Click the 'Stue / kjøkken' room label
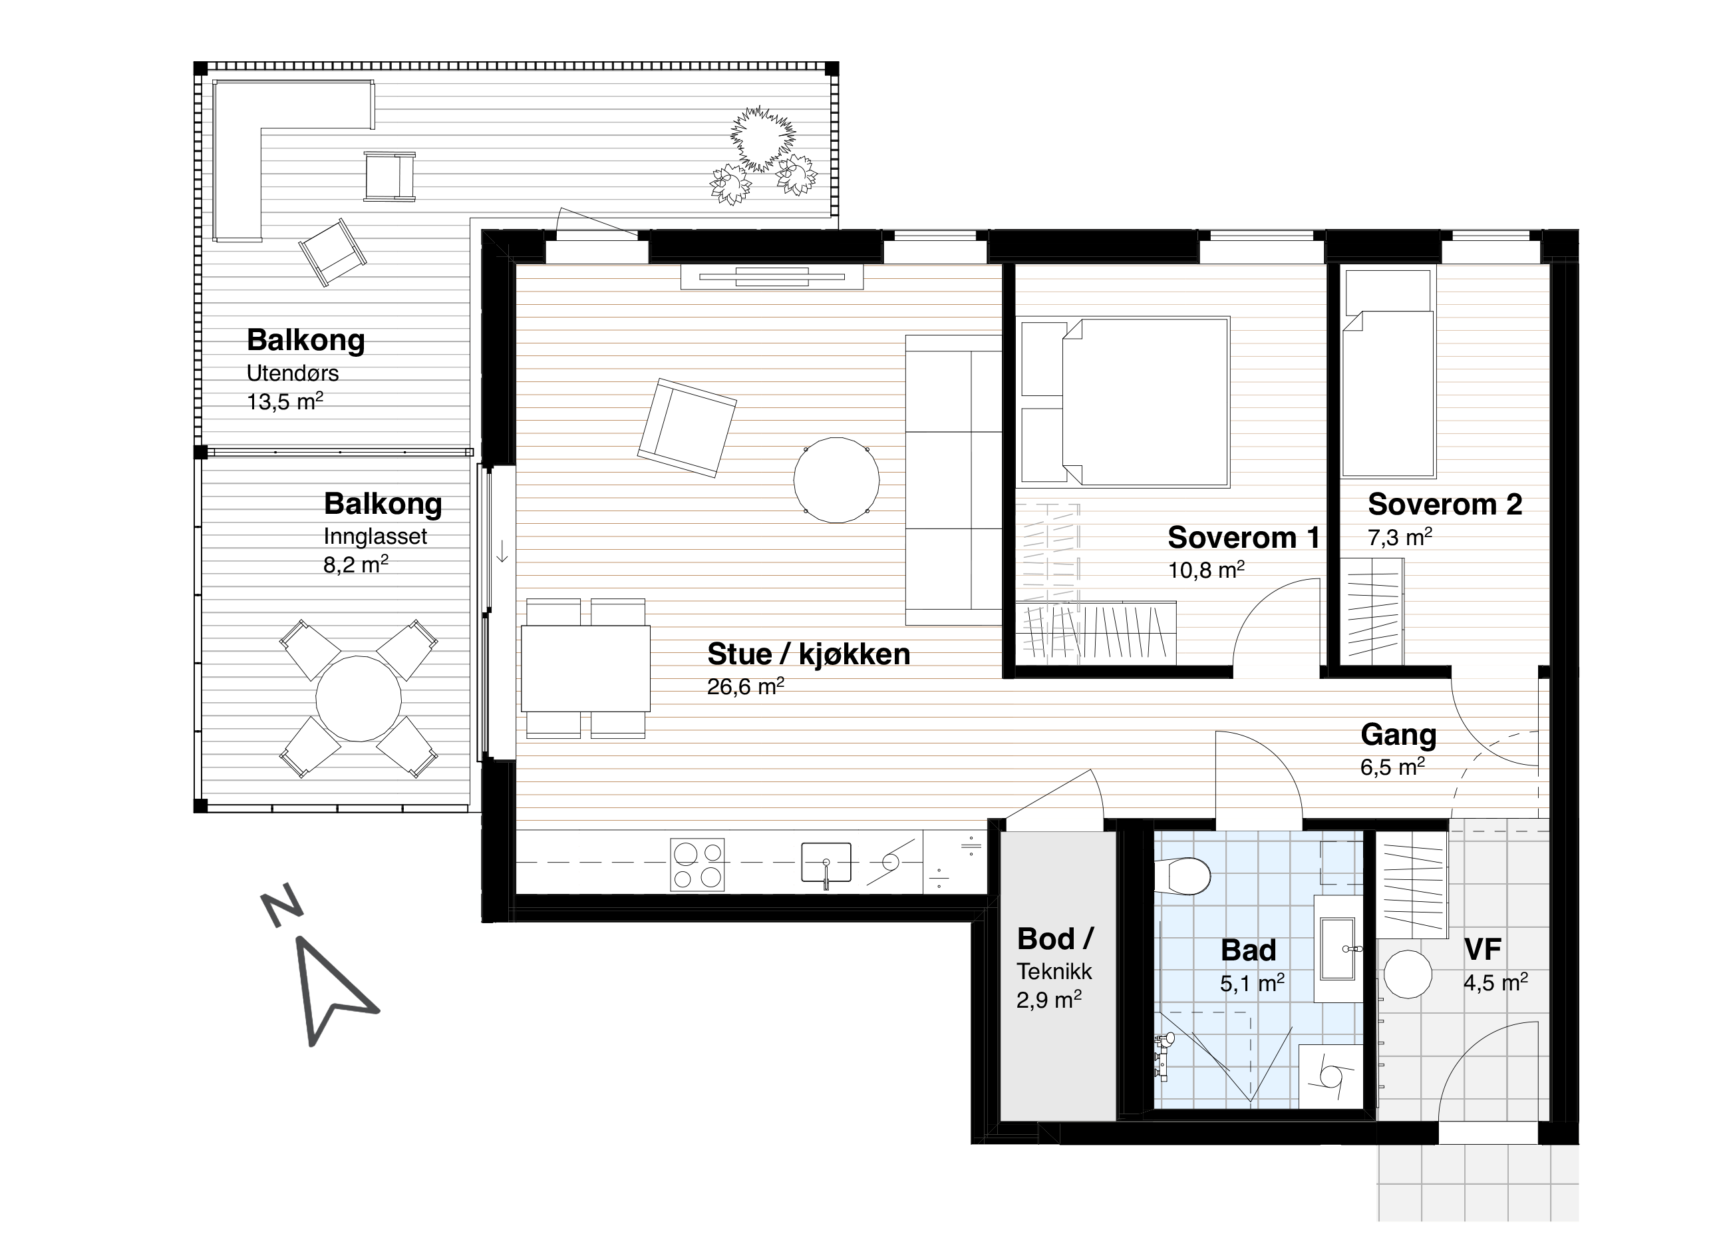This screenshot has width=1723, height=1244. (808, 654)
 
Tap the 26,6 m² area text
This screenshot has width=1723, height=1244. (745, 686)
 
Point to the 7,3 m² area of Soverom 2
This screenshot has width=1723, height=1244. (1400, 537)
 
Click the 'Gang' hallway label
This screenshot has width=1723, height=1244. (1398, 735)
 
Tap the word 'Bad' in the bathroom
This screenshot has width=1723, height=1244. (1248, 950)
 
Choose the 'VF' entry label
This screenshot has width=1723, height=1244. (1483, 949)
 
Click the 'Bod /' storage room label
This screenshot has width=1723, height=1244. (1055, 939)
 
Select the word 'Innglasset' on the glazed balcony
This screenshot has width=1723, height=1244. (375, 536)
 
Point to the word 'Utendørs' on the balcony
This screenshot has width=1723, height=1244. (293, 373)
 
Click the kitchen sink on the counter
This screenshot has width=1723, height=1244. (826, 863)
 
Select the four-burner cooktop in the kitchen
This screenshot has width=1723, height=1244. (697, 865)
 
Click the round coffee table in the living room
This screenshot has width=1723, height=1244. (836, 481)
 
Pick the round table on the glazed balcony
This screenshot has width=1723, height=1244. (359, 698)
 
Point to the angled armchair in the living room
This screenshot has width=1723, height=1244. (687, 428)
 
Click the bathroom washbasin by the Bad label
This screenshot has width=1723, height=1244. (1338, 949)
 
